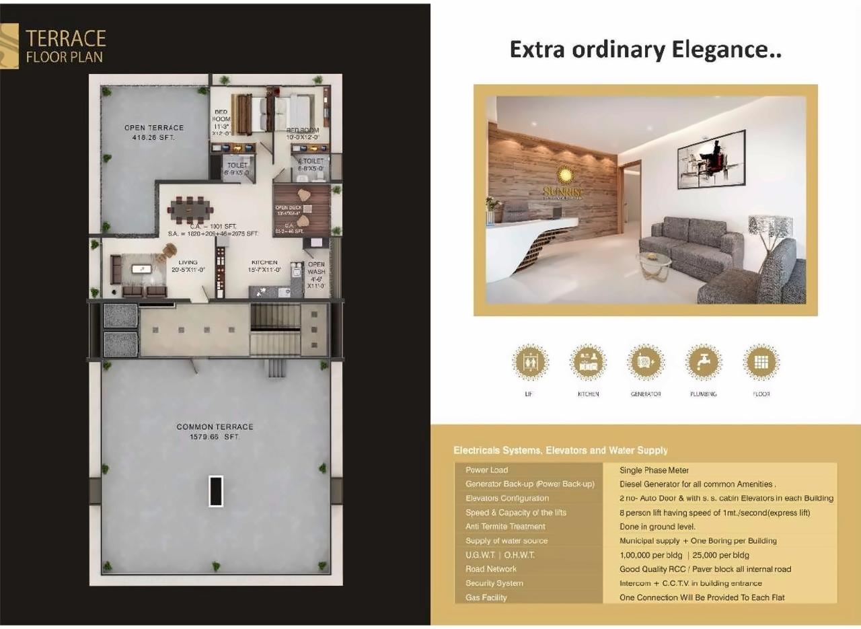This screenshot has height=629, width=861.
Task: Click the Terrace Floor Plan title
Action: [x=65, y=46]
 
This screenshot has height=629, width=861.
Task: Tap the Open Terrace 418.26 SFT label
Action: [x=153, y=133]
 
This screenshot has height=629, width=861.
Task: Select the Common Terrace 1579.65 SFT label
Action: [x=215, y=431]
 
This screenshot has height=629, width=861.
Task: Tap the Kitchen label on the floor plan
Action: [x=264, y=266]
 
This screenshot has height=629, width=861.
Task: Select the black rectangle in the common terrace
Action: [x=215, y=490]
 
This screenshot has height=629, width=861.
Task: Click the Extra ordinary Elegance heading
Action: [x=645, y=50]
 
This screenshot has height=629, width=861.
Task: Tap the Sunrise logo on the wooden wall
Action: [x=564, y=182]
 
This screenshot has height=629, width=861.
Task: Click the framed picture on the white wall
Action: [x=712, y=158]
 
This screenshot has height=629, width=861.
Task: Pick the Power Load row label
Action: [x=486, y=470]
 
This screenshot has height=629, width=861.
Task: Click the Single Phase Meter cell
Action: [x=654, y=470]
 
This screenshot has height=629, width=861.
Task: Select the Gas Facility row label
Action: [x=486, y=597]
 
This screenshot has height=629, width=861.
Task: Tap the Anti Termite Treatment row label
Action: [x=505, y=526]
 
